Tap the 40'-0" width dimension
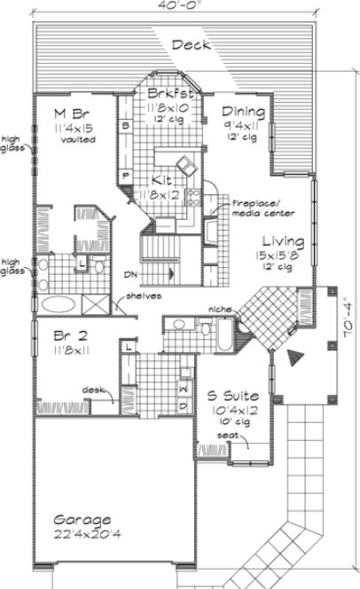(176, 7)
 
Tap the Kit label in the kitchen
(163, 178)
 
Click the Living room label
(284, 241)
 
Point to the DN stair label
(131, 275)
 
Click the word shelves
(144, 295)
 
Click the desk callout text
(95, 389)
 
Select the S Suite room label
(231, 394)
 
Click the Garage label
(82, 520)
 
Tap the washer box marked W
(183, 389)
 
